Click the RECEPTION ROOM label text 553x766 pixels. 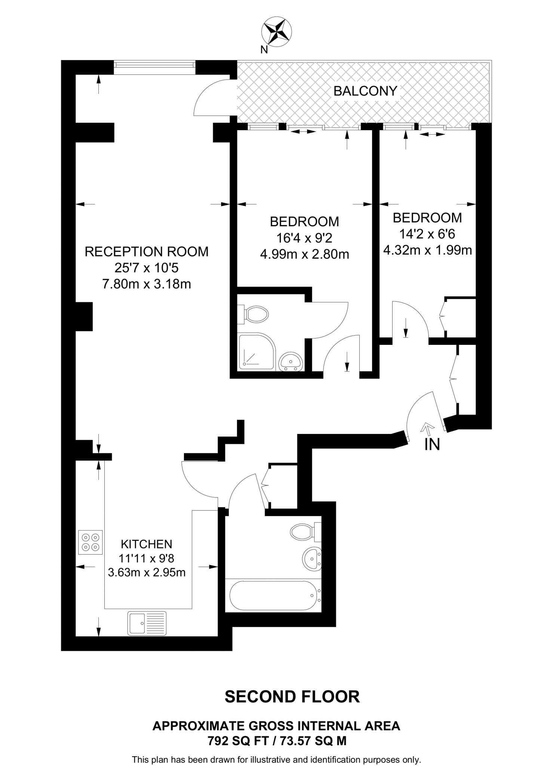click(x=147, y=252)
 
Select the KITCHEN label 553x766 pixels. click(x=147, y=544)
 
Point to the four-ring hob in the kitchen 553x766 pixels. click(x=90, y=542)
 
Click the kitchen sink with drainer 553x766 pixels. click(x=147, y=623)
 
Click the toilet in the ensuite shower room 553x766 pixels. click(x=255, y=314)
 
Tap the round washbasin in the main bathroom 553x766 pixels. click(x=311, y=560)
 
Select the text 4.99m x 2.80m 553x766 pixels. click(x=304, y=255)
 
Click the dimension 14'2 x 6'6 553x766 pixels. click(x=427, y=234)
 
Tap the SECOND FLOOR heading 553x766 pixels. click(x=292, y=697)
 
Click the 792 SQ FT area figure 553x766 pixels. click(x=238, y=741)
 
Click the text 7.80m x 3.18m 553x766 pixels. click(x=147, y=284)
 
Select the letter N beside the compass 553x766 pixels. click(x=264, y=50)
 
